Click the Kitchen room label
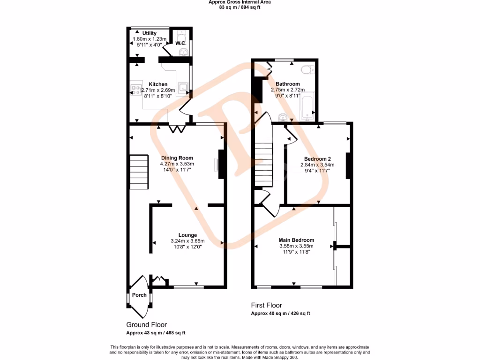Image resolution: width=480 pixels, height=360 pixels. click(158, 84)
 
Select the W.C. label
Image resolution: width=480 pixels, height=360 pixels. click(181, 44)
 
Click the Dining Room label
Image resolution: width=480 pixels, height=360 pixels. click(177, 158)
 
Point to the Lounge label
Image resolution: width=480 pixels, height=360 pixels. click(187, 235)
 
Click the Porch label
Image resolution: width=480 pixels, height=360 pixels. click(139, 295)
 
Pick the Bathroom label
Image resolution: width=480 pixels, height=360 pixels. click(287, 84)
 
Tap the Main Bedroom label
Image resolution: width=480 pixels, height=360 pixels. click(297, 240)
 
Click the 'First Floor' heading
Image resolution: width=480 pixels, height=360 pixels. click(266, 306)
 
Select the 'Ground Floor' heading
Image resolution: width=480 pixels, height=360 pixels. click(146, 324)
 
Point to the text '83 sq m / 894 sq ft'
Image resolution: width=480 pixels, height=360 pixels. click(240, 7)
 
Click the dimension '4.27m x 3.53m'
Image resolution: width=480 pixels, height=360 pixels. click(177, 164)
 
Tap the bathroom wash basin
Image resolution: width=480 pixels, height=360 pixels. click(282, 116)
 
